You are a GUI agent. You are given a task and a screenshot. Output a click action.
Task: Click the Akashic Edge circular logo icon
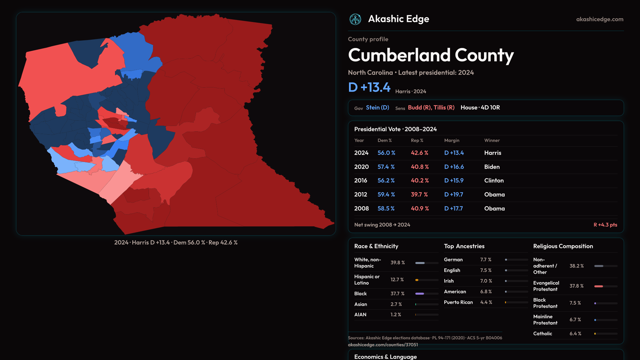355,19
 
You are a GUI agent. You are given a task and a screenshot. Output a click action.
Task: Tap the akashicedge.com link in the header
599,19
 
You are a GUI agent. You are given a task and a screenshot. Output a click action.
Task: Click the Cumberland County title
431,55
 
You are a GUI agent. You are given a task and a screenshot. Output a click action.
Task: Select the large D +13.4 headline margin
369,87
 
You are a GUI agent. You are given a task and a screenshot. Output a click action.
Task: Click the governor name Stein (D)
377,108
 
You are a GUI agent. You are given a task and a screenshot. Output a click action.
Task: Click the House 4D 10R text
480,108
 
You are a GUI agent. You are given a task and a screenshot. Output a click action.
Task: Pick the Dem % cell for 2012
386,195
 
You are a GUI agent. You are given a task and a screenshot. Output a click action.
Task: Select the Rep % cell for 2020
420,167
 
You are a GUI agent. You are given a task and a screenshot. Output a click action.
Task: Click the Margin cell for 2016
454,181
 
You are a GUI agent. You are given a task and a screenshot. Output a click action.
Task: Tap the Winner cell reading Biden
492,167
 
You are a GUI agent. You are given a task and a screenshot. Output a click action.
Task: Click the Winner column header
492,141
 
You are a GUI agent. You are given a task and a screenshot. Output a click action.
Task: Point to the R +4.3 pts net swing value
605,225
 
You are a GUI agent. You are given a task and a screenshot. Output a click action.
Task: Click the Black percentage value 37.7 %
397,294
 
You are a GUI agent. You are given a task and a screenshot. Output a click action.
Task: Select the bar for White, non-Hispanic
426,263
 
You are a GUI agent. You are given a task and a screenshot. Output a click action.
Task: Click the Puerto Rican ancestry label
458,302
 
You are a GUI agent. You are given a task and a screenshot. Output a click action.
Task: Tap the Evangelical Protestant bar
605,286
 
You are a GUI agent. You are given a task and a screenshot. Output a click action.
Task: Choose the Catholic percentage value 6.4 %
575,334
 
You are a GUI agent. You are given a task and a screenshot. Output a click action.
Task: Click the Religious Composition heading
563,246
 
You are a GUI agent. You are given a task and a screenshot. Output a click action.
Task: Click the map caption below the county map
176,243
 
